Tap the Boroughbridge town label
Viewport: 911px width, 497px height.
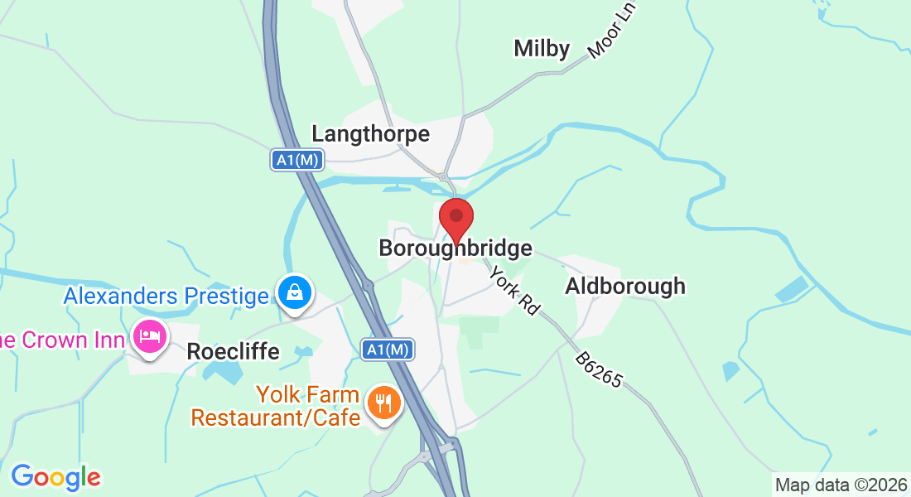(455, 248)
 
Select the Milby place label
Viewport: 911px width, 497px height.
(542, 49)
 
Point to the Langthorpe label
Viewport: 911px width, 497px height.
(370, 133)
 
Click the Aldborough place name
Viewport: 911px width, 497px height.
(625, 287)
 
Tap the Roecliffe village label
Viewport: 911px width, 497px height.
(233, 351)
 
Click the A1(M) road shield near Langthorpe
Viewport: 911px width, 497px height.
(296, 161)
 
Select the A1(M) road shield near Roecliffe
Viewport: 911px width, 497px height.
(388, 350)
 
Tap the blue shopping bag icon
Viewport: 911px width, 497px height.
(296, 292)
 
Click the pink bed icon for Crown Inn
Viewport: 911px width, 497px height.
(149, 337)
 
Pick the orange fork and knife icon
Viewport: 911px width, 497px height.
(383, 403)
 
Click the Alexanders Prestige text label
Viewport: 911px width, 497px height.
(166, 296)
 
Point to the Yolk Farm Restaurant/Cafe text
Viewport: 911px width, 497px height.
(275, 406)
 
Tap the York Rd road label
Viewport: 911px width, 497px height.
(514, 290)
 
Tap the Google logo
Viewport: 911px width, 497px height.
(55, 477)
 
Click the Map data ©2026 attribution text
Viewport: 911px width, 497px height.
(841, 485)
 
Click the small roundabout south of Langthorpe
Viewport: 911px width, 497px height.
(444, 176)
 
